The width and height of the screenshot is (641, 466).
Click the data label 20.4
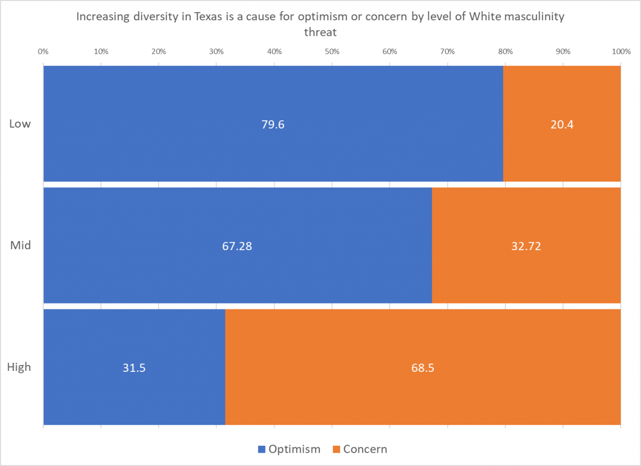(561, 125)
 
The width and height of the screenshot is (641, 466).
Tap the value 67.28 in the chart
(237, 246)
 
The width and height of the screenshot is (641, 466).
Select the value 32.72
(526, 246)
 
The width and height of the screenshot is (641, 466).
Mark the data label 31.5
(134, 368)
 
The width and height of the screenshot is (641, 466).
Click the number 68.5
(422, 368)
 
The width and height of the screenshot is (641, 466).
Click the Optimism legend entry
(289, 449)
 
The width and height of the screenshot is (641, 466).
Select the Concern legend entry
(359, 449)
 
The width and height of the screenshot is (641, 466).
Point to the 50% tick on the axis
(332, 52)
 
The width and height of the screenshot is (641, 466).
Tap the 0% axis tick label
(43, 52)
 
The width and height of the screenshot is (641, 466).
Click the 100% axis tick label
(620, 52)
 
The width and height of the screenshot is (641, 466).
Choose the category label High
(19, 367)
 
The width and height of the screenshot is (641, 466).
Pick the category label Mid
(21, 245)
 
